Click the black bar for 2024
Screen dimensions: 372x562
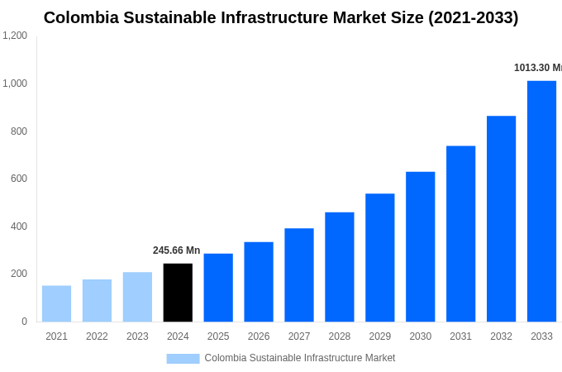(x=178, y=293)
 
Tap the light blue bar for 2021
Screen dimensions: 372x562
(x=56, y=303)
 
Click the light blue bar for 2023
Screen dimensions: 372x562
(x=137, y=297)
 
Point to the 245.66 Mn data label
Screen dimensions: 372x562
(x=176, y=250)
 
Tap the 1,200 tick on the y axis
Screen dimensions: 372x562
(x=15, y=36)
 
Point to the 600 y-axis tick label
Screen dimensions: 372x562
(x=18, y=179)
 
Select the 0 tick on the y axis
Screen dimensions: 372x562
(x=24, y=322)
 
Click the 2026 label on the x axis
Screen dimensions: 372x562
(x=259, y=336)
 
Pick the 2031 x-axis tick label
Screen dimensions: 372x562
(x=460, y=336)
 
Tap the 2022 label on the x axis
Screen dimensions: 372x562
(x=97, y=336)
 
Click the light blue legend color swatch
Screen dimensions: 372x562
(x=183, y=358)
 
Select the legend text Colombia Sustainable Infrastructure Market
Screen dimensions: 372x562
(x=299, y=358)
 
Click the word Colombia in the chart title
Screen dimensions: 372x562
(x=81, y=17)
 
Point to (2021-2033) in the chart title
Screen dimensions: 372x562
(x=473, y=17)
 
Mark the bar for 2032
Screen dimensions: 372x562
(x=501, y=218)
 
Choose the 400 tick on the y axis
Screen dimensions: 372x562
(x=18, y=227)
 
